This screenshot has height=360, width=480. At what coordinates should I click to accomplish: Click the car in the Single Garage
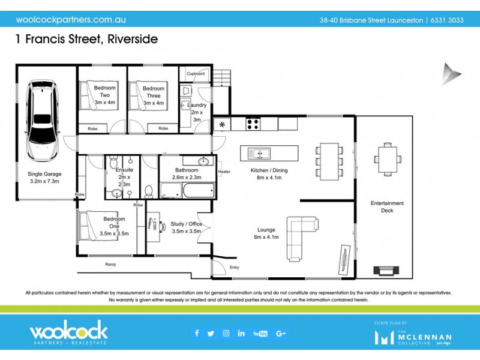point(43,121)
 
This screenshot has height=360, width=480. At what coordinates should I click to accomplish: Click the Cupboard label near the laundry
point(196,74)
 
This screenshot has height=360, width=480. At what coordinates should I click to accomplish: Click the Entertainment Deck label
point(387,206)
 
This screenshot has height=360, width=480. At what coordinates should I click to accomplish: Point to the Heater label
point(224,172)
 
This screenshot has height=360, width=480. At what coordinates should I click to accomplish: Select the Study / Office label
point(187,227)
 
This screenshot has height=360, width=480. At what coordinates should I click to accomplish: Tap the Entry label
point(234,268)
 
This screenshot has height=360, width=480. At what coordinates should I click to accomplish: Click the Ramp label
point(110,264)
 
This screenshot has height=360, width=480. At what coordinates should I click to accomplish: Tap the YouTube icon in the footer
point(260,334)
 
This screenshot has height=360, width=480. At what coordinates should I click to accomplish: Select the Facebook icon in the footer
point(197,334)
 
